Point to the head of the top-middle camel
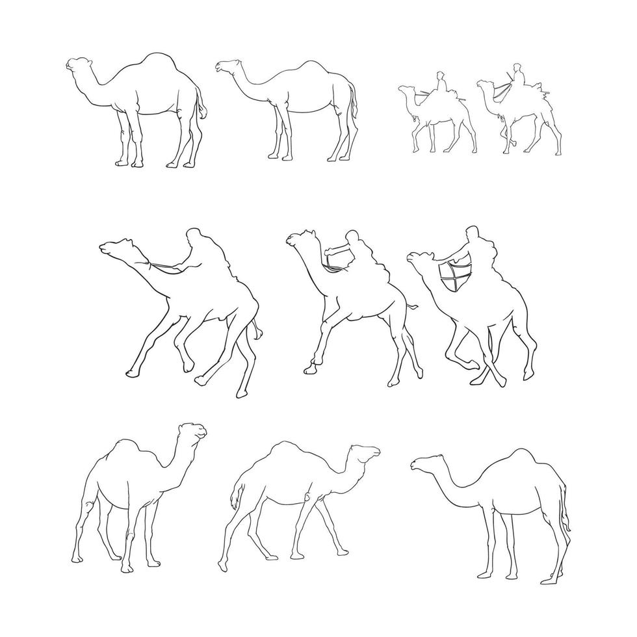tap(227, 66)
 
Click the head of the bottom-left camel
tap(192, 430)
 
